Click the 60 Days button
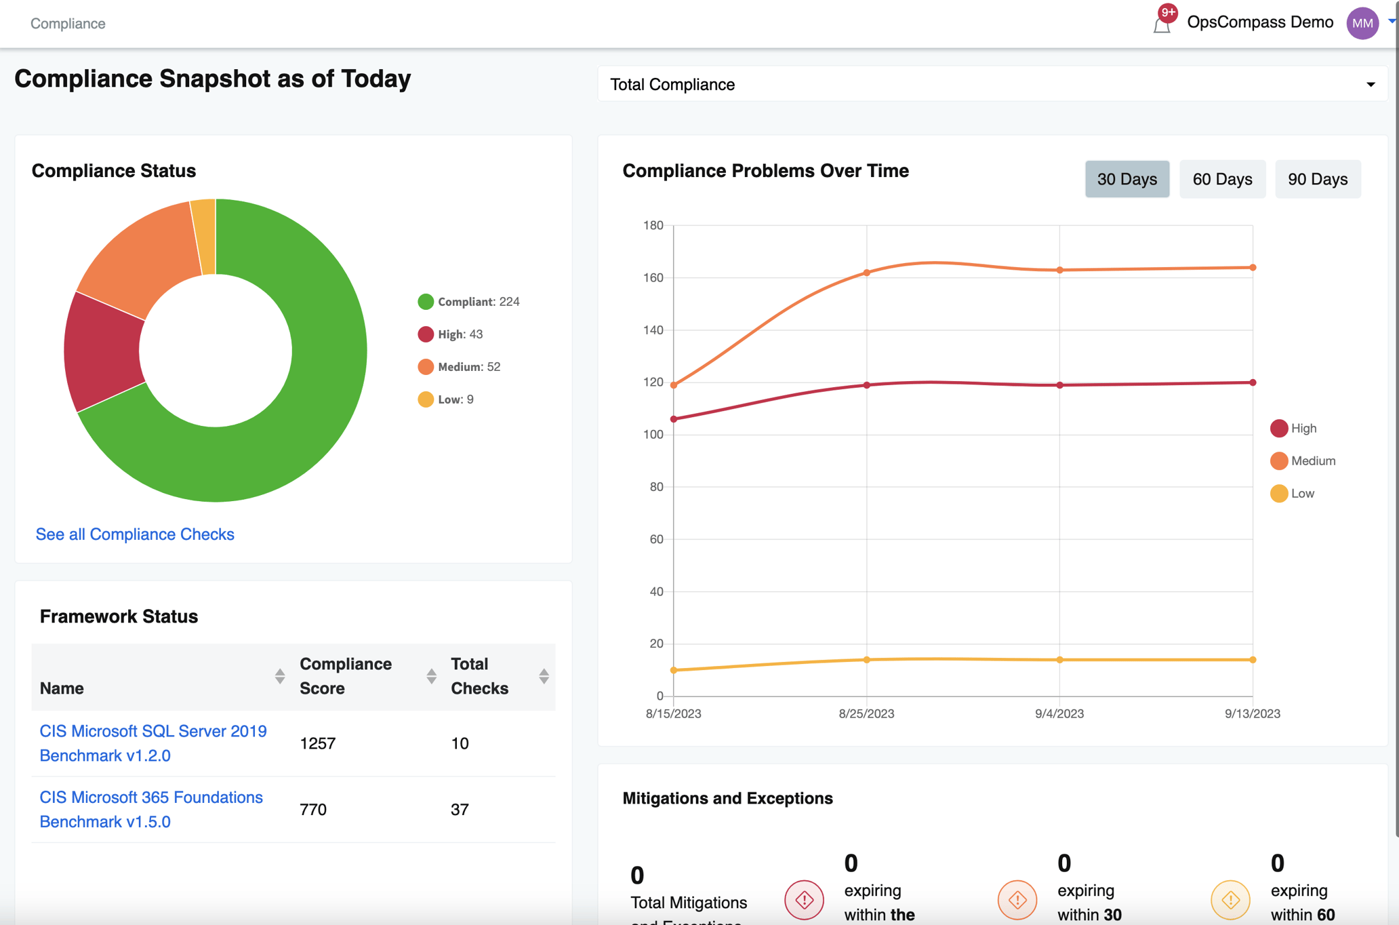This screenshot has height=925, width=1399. [1221, 179]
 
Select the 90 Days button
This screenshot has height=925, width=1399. [1317, 179]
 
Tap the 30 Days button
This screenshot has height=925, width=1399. [1127, 179]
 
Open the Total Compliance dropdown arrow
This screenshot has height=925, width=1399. [1370, 85]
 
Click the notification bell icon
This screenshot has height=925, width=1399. [1162, 24]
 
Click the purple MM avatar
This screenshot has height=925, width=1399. [1362, 24]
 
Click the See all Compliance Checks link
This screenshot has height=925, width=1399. [135, 534]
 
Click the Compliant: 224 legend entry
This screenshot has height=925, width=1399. [469, 302]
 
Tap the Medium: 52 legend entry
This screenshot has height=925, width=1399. [460, 367]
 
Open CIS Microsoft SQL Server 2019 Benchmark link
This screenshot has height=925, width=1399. [153, 743]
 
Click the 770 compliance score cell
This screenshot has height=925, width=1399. [313, 810]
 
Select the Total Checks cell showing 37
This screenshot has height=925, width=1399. [460, 810]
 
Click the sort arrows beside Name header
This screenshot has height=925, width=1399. [280, 676]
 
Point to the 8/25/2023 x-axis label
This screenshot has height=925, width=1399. [866, 713]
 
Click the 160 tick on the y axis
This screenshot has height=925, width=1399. [653, 277]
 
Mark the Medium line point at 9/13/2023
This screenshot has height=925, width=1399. [1253, 268]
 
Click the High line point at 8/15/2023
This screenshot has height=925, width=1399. [674, 419]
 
